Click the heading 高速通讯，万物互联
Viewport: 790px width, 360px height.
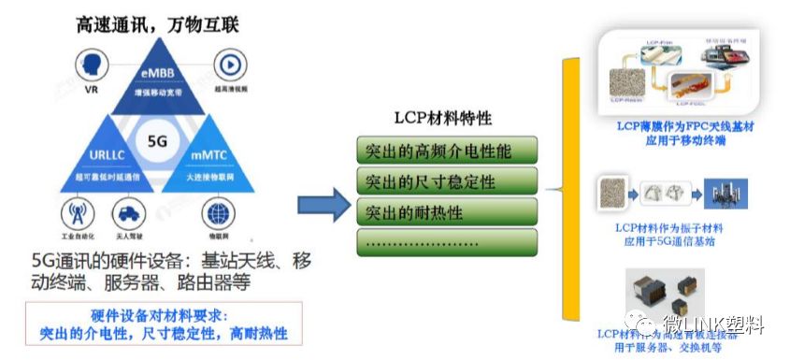(158, 24)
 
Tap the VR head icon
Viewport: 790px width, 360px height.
(92, 65)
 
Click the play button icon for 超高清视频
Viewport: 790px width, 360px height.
(228, 65)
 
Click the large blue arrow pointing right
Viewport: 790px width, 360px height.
(323, 203)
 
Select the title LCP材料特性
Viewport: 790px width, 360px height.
(444, 119)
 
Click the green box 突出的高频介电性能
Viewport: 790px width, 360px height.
(448, 150)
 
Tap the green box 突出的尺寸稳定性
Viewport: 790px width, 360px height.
(448, 180)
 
